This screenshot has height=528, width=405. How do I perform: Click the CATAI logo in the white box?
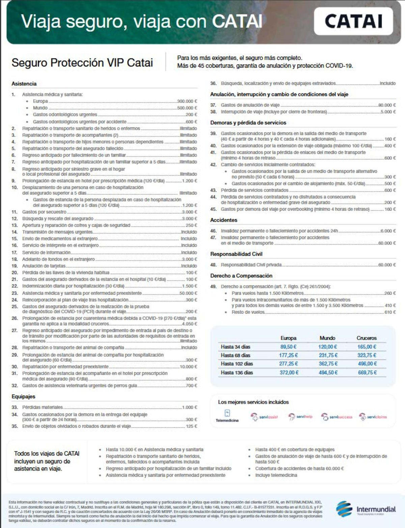(x=353, y=21)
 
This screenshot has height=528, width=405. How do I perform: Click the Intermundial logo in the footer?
(x=366, y=509)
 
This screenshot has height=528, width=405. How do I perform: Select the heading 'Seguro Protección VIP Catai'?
(x=82, y=63)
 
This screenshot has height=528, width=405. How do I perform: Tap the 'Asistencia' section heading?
(x=24, y=84)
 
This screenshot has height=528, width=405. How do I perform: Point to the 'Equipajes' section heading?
(x=23, y=396)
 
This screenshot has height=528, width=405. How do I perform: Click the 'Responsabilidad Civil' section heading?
(x=236, y=254)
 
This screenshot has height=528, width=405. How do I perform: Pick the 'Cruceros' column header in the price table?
(x=367, y=338)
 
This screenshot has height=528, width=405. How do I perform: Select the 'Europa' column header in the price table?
(x=288, y=338)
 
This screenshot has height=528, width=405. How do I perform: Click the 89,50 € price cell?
(x=288, y=347)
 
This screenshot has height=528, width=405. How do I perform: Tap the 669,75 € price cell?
(x=367, y=372)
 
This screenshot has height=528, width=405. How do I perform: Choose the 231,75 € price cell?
(x=328, y=355)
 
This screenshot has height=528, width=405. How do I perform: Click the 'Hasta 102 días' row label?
(x=237, y=364)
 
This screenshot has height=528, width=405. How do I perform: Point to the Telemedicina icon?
(x=227, y=414)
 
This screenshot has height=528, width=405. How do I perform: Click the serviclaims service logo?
(x=373, y=417)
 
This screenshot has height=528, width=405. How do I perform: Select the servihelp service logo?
(x=300, y=417)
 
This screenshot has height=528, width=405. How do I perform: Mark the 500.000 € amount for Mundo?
(x=187, y=108)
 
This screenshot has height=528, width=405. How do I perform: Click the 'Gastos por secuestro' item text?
(x=44, y=212)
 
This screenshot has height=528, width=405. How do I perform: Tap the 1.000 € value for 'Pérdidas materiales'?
(x=190, y=407)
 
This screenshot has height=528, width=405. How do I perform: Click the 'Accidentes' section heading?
(x=224, y=220)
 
